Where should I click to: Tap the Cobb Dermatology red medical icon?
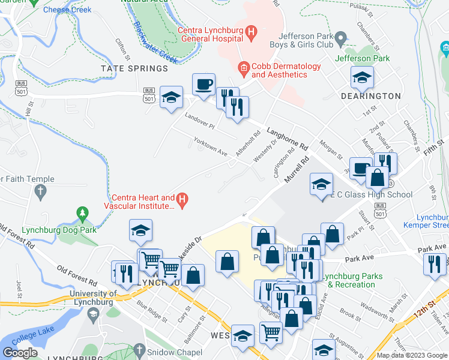click(x=243, y=69)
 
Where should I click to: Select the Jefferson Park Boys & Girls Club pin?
click(x=341, y=40)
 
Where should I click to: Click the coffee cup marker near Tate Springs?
click(x=203, y=84)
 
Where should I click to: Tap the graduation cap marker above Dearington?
click(x=362, y=77)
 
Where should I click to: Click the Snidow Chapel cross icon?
click(x=139, y=350)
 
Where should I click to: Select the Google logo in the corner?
click(x=20, y=353)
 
